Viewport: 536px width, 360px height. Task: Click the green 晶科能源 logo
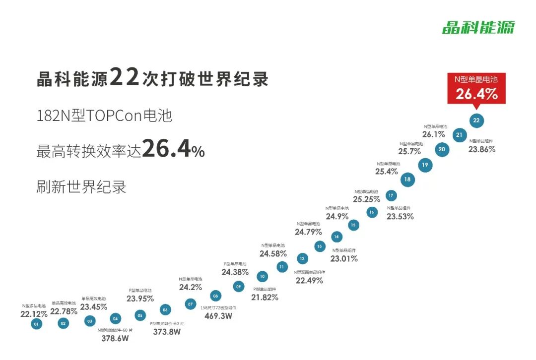(478, 27)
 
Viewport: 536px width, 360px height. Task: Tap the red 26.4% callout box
(476, 88)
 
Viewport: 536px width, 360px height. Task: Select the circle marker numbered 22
(476, 120)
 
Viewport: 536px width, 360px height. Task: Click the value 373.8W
(166, 332)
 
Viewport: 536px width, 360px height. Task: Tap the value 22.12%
(34, 314)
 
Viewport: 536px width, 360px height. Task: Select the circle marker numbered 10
(262, 277)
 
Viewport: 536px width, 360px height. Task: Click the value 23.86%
(481, 149)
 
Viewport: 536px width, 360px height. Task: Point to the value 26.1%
(433, 134)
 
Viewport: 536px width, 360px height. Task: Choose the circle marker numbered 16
(372, 212)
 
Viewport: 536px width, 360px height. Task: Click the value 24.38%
(235, 272)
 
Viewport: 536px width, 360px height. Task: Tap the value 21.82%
(265, 297)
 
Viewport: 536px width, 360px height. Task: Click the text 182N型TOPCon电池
(104, 116)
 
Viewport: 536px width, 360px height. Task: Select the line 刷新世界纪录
(81, 187)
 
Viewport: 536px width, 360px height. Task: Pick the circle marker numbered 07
(190, 304)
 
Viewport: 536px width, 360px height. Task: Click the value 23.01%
(344, 258)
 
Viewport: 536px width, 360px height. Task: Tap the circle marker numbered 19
(424, 165)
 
